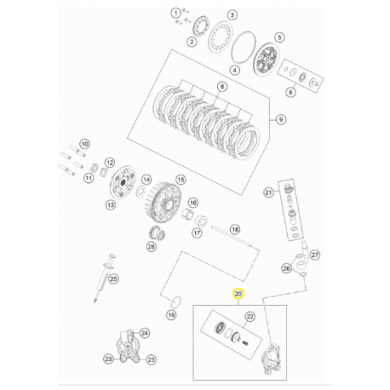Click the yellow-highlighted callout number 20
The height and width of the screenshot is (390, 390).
(x=238, y=294)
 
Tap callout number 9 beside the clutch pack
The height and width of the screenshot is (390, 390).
(x=281, y=119)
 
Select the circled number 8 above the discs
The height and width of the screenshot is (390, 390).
(x=222, y=87)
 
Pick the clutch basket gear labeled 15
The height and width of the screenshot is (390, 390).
(x=164, y=203)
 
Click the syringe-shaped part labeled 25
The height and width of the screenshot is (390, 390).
(x=104, y=278)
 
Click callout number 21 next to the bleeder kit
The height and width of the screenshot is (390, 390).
(x=268, y=192)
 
